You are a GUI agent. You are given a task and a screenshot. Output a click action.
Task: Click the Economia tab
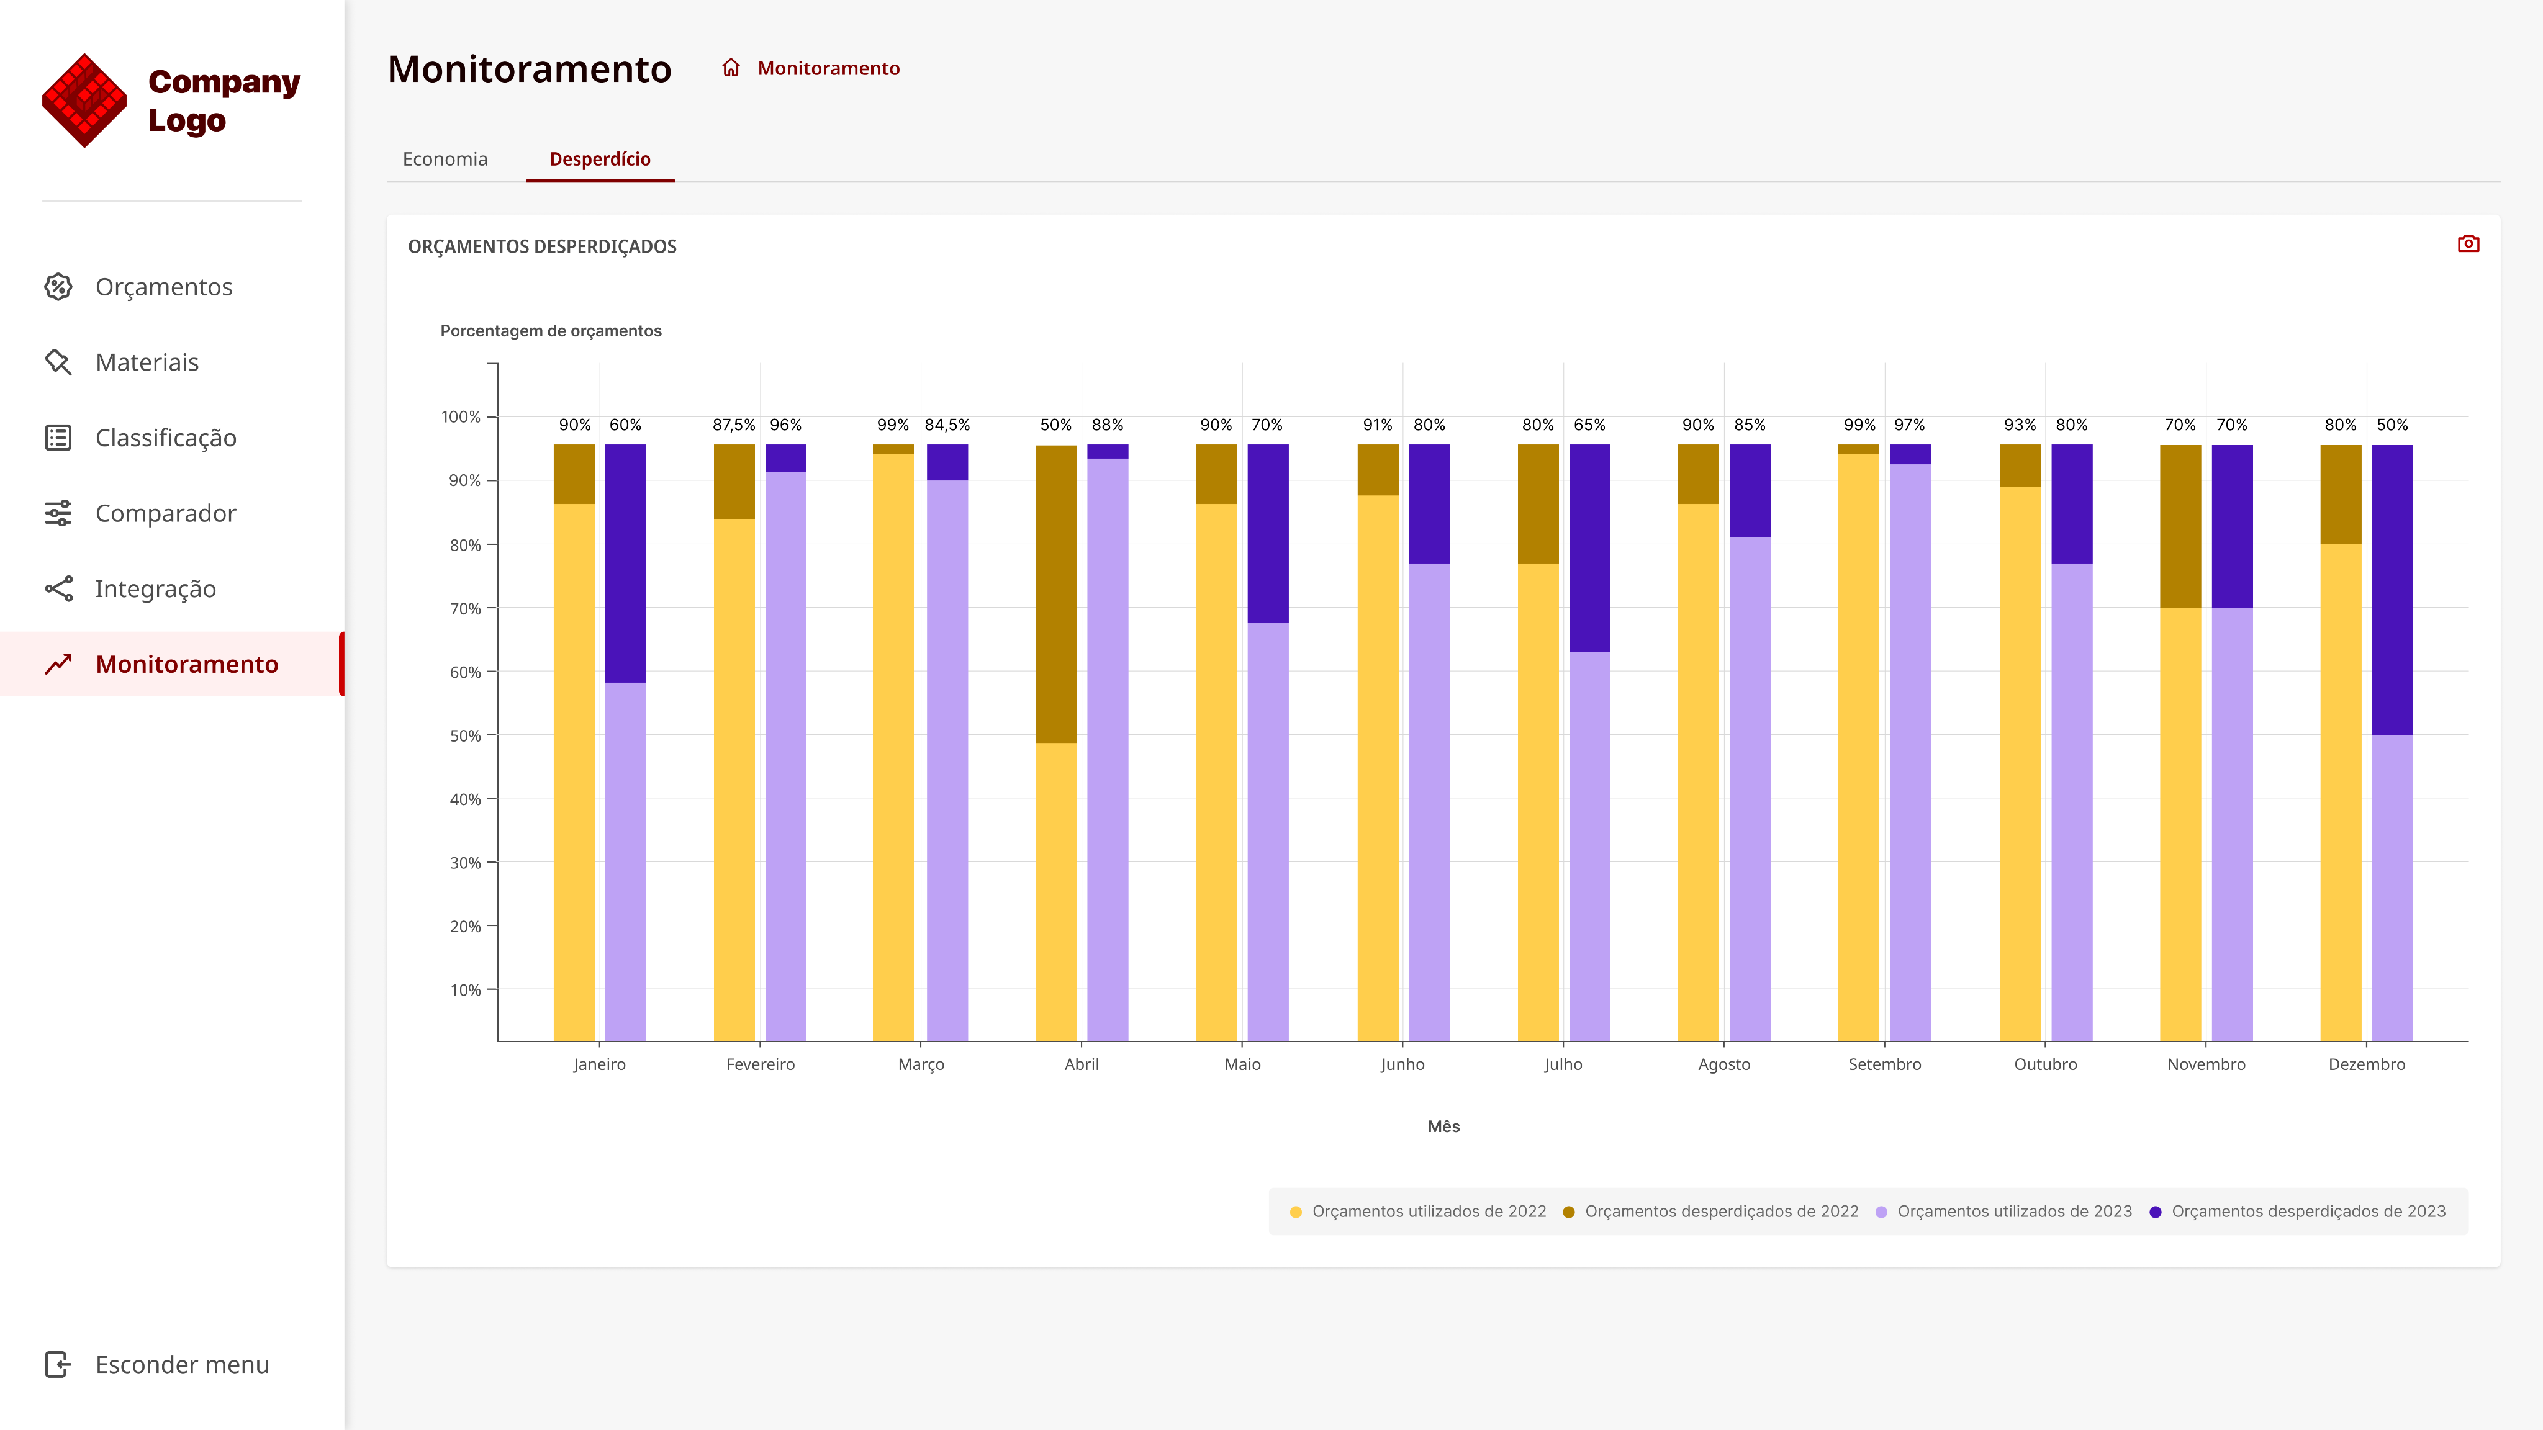click(445, 159)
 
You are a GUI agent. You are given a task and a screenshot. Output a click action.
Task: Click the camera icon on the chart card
click(2468, 244)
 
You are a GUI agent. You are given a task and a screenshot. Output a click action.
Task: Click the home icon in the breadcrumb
click(731, 68)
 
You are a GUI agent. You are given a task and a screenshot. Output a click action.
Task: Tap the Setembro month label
click(1884, 1064)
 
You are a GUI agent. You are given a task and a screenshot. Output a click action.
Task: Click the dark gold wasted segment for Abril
click(1055, 594)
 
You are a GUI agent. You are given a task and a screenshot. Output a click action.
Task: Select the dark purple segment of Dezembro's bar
click(2392, 590)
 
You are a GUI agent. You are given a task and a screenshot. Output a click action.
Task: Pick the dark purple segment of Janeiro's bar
click(625, 564)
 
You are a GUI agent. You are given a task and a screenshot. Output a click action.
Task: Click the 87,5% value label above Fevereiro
click(733, 425)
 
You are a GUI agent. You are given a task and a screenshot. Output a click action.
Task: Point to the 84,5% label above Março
click(947, 425)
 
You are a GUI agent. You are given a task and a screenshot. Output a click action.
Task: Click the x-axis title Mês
click(1443, 1126)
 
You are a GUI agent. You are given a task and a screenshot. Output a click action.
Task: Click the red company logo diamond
click(85, 101)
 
